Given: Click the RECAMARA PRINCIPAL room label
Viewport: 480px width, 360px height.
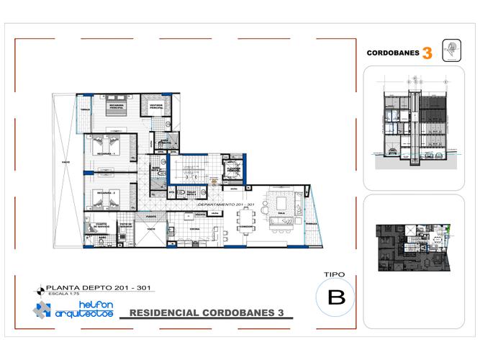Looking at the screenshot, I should [117, 107].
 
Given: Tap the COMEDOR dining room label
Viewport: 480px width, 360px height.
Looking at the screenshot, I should [246, 226].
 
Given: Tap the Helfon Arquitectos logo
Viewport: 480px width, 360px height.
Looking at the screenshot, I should [72, 310].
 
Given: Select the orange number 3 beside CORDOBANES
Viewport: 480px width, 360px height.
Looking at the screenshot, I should [427, 53].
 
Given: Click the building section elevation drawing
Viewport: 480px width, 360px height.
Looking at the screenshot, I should [413, 126].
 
